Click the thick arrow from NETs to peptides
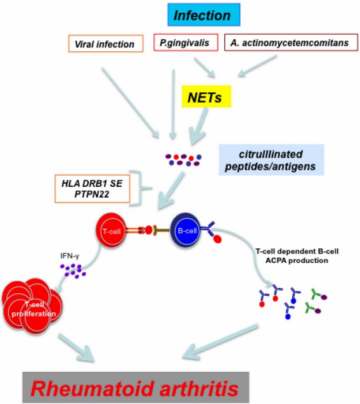click(x=197, y=127)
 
